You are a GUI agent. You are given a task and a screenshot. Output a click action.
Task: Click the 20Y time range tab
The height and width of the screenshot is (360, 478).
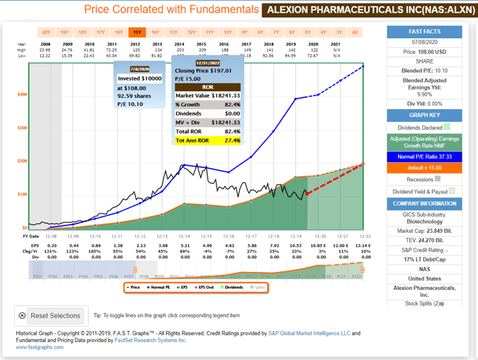pyautogui.click(x=46, y=33)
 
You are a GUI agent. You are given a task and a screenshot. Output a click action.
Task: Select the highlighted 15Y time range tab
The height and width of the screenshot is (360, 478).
pyautogui.click(x=137, y=33)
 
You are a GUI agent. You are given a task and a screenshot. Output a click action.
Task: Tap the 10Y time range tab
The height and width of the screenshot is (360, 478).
pyautogui.click(x=228, y=33)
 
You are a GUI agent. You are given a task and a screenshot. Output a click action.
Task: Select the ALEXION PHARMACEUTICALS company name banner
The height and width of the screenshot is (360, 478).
pyautogui.click(x=329, y=10)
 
